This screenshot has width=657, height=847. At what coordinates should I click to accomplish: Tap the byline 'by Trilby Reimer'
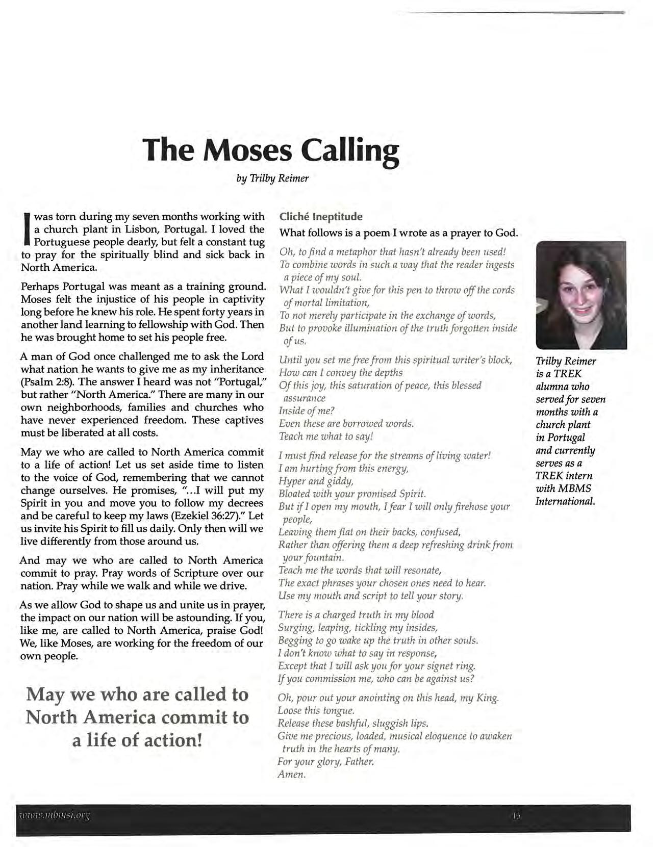coord(272,178)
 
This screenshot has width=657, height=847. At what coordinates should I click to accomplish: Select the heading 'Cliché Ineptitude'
coord(321,217)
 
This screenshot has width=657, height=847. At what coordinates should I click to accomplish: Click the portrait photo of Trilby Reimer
coord(581,295)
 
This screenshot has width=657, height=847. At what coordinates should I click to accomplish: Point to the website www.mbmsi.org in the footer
coord(54,815)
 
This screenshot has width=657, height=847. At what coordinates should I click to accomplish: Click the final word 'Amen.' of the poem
coord(292,775)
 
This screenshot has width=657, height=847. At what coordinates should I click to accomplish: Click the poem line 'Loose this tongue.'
coord(316,711)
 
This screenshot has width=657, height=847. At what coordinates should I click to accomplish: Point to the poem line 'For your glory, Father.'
coord(326,762)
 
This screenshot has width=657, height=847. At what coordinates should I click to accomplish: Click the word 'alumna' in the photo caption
coord(552,387)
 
